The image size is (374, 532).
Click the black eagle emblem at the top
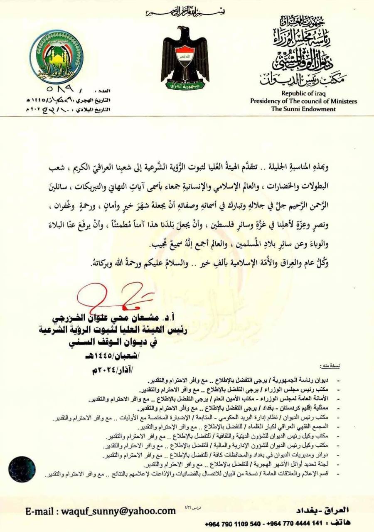point(185,56)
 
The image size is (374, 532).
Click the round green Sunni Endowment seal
point(57,57)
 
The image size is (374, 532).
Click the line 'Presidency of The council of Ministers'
point(303,101)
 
